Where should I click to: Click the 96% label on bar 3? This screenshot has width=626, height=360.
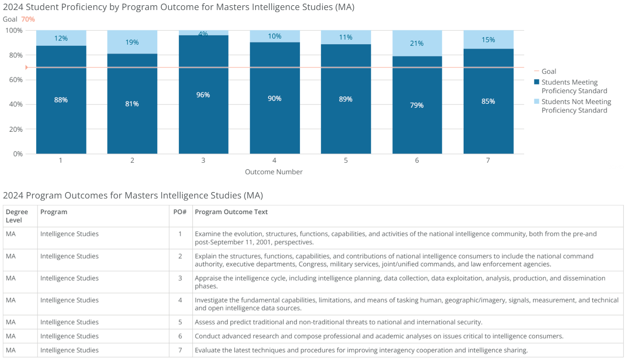pyautogui.click(x=203, y=95)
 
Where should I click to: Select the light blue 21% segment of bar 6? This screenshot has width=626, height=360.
pyautogui.click(x=417, y=43)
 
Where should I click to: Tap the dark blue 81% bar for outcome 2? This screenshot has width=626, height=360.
pyautogui.click(x=132, y=104)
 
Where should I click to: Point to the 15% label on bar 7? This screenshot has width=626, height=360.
pyautogui.click(x=488, y=40)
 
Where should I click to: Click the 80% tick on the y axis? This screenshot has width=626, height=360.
pyautogui.click(x=16, y=55)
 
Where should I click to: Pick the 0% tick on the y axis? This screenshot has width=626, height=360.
pyautogui.click(x=18, y=154)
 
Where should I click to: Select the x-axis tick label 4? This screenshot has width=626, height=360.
pyautogui.click(x=274, y=160)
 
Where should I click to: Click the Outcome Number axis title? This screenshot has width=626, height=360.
pyautogui.click(x=273, y=172)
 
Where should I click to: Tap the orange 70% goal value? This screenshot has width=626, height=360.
pyautogui.click(x=28, y=19)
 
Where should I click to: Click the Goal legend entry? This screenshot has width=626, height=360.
pyautogui.click(x=548, y=71)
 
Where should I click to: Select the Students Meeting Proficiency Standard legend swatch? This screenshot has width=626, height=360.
pyautogui.click(x=536, y=82)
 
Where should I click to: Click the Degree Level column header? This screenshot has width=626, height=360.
pyautogui.click(x=17, y=216)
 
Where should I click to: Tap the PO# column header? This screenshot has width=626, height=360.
pyautogui.click(x=180, y=212)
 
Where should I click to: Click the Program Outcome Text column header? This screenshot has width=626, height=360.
pyautogui.click(x=231, y=212)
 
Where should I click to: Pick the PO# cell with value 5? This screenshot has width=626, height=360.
pyautogui.click(x=180, y=322)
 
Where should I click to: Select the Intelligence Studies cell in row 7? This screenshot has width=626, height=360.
pyautogui.click(x=69, y=350)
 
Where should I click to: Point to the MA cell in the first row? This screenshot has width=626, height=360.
pyautogui.click(x=11, y=234)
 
